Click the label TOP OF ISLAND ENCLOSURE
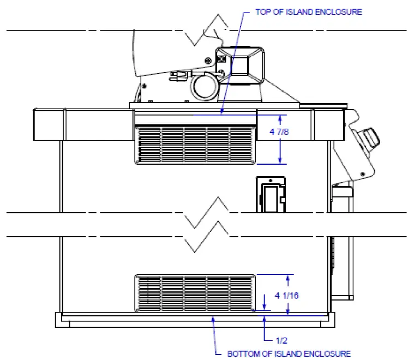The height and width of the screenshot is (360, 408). (308, 12)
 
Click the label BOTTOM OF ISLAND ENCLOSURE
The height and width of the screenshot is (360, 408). (289, 353)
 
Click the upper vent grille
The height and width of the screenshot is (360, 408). (195, 145)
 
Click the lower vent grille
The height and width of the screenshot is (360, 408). (195, 293)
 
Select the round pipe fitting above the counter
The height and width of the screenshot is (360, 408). (202, 86)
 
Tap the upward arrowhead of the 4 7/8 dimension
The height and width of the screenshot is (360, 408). (280, 117)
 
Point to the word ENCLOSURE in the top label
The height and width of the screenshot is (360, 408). (339, 12)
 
